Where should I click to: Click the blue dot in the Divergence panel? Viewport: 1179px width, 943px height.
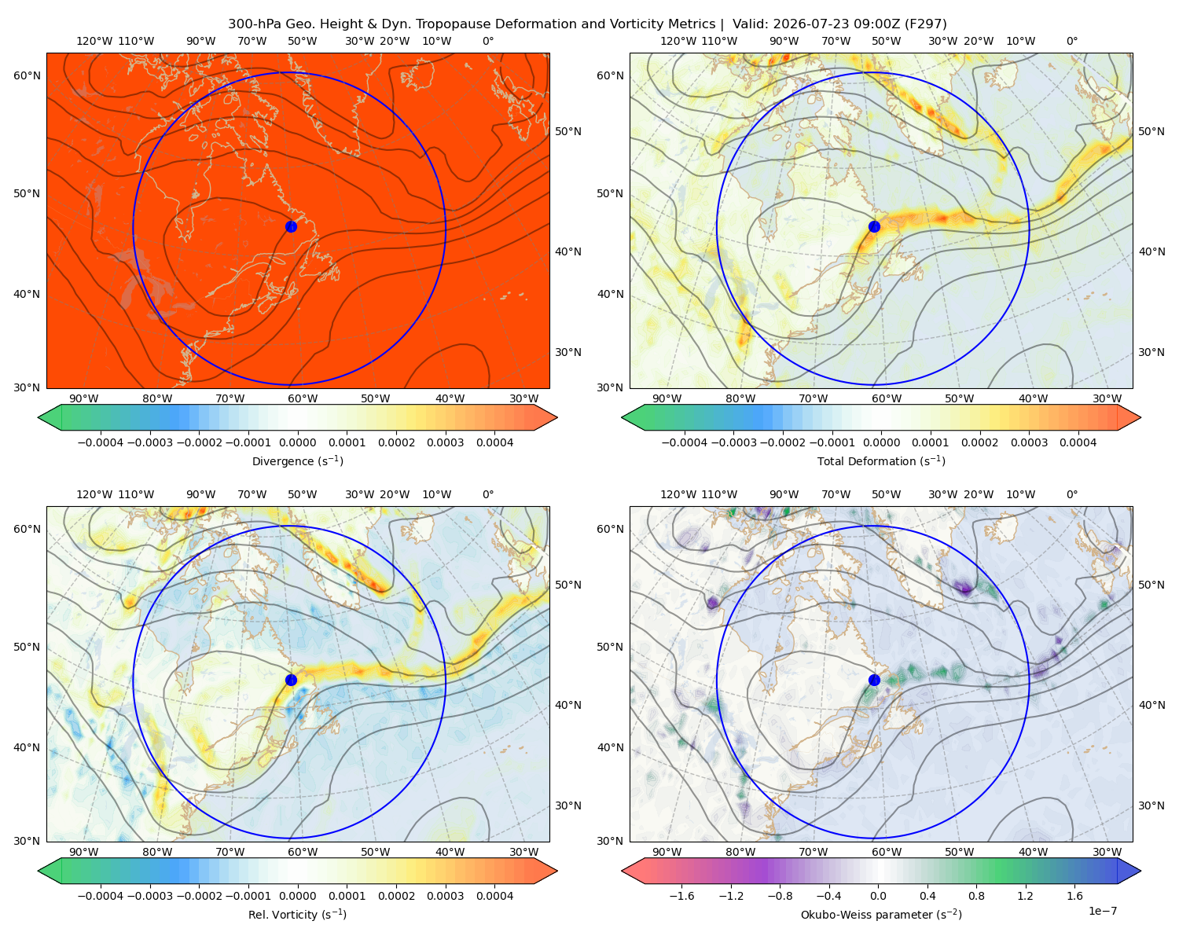point(291,226)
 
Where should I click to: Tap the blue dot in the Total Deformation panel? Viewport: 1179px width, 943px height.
point(874,226)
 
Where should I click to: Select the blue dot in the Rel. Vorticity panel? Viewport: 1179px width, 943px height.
point(291,680)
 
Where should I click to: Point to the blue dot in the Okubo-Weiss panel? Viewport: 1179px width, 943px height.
point(874,680)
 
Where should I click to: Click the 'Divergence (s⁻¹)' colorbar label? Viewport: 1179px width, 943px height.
point(297,460)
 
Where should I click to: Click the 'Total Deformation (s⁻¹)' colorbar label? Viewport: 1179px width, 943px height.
point(881,460)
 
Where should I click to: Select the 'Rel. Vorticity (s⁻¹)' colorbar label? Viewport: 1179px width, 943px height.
point(297,914)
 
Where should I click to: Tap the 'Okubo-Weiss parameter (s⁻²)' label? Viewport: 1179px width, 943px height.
point(881,914)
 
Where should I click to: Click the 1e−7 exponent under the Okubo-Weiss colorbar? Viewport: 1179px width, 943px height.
point(1102,911)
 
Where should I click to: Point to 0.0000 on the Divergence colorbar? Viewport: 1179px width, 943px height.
point(297,442)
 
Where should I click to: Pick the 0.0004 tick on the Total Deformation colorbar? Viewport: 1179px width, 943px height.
point(1078,442)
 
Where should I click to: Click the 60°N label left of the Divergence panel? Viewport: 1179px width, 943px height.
point(27,75)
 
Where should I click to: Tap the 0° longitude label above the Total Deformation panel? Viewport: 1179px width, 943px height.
point(1071,41)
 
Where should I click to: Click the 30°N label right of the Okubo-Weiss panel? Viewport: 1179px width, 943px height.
point(1151,805)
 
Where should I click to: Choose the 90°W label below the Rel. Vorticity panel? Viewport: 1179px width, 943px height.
point(84,852)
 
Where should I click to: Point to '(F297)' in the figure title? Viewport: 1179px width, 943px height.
point(926,24)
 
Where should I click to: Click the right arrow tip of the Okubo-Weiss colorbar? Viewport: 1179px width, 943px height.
point(1140,871)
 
